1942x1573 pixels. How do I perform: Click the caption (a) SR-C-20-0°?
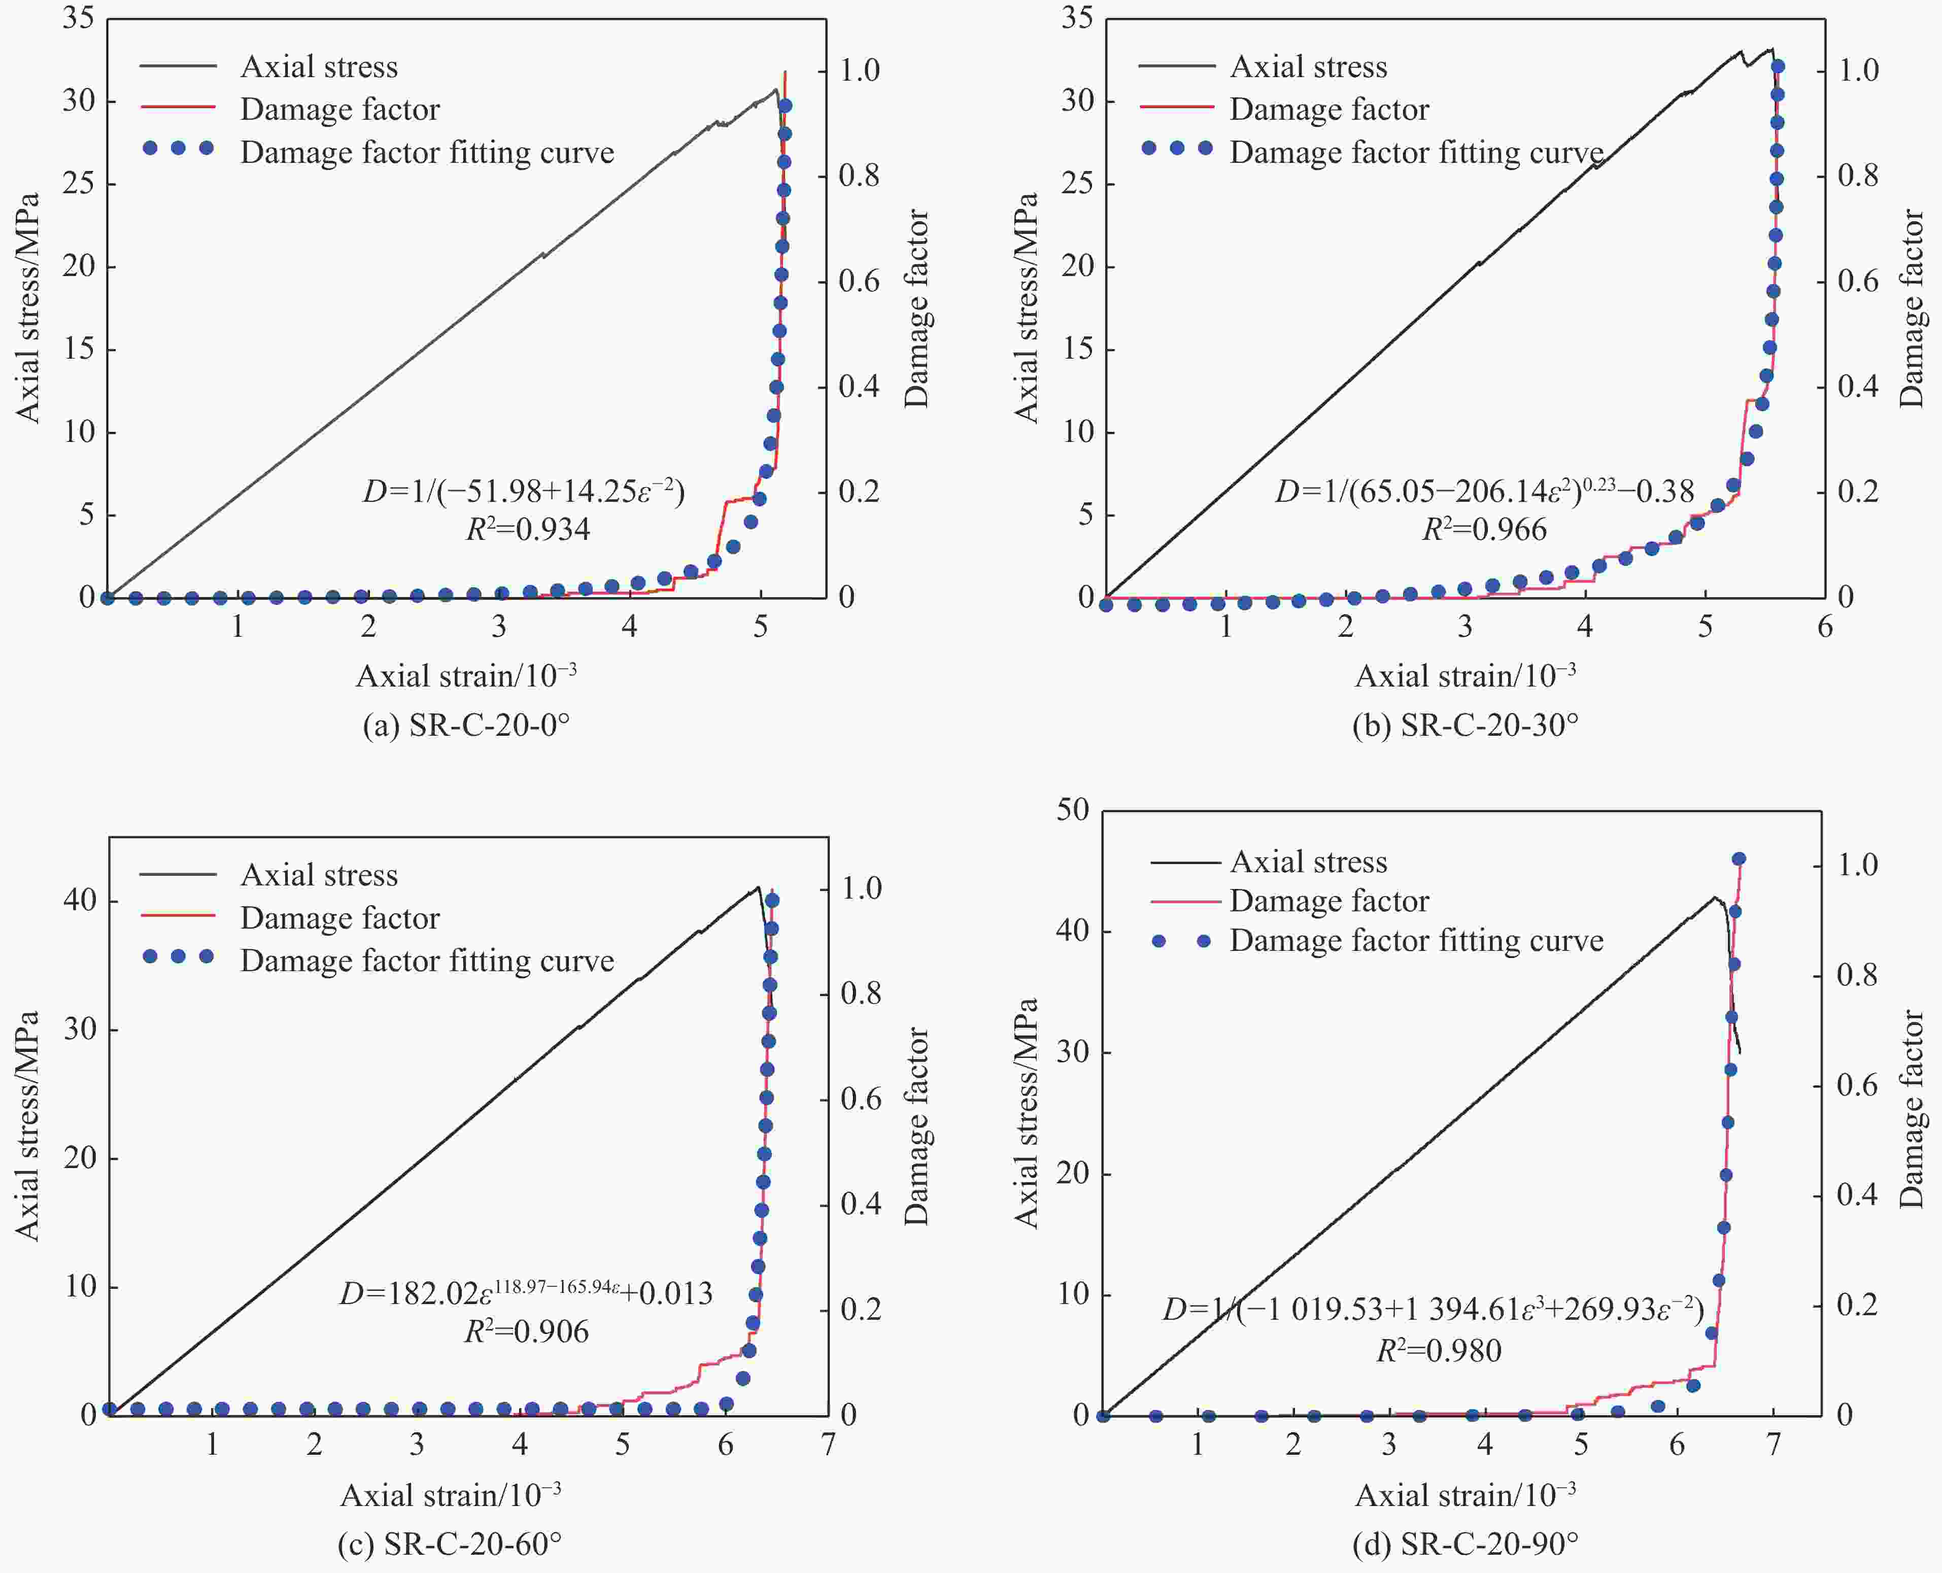(466, 726)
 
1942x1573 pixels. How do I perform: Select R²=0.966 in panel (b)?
(1484, 529)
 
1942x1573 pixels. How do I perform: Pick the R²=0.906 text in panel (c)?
(527, 1331)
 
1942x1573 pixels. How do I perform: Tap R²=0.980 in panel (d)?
(1439, 1351)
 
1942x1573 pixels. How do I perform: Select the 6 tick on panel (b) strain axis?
(1824, 626)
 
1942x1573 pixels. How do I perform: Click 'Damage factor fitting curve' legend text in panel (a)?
(427, 152)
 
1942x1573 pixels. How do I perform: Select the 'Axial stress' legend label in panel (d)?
(1308, 862)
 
